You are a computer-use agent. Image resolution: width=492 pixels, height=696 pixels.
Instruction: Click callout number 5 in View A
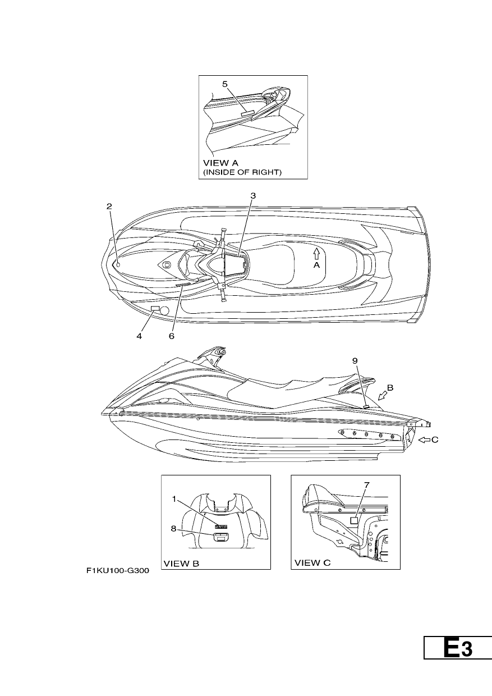point(225,84)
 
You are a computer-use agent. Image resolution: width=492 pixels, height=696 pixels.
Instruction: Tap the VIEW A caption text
point(220,163)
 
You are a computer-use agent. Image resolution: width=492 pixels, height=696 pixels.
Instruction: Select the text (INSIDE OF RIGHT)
point(242,172)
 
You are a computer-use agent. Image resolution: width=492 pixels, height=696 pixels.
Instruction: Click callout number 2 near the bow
point(109,207)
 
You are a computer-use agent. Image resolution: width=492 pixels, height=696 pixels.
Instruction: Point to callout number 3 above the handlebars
point(253,196)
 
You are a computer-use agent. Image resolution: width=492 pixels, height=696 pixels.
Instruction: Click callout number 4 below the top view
point(139,336)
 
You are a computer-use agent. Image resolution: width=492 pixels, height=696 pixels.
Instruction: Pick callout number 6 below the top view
point(172,336)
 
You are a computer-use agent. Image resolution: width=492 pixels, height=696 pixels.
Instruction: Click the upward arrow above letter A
point(316,253)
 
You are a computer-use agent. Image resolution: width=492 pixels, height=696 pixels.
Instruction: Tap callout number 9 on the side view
point(355,361)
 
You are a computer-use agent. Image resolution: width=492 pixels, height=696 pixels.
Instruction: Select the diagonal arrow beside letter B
point(383,395)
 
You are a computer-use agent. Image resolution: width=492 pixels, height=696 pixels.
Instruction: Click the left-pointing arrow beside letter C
point(424,439)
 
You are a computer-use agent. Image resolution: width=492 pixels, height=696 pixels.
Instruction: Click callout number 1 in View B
point(174,499)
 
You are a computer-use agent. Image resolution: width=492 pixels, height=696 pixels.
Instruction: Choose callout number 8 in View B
point(173,528)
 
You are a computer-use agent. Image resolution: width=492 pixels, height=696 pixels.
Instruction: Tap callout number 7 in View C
point(366,485)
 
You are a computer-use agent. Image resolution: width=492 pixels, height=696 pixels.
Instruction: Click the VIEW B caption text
point(181,564)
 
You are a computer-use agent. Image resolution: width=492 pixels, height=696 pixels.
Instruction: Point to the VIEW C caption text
point(312,563)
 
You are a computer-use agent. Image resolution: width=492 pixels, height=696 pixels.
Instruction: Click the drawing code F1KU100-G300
point(118,571)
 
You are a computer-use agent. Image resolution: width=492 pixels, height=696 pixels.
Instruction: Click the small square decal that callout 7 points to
point(355,520)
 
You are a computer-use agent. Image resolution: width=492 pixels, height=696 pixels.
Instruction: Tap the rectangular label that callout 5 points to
point(248,113)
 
